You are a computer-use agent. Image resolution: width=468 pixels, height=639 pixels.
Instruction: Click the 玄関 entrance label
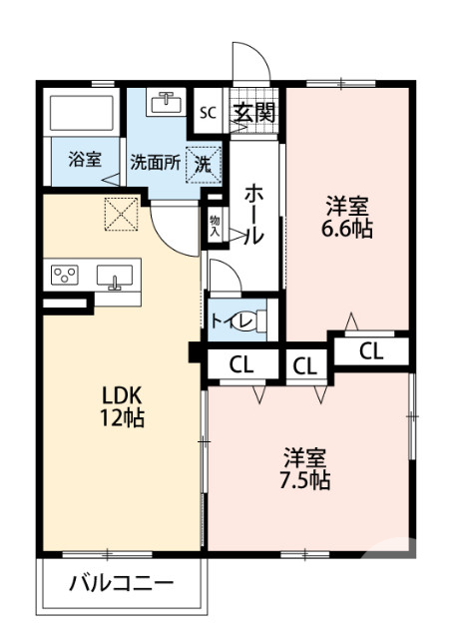tap(253, 112)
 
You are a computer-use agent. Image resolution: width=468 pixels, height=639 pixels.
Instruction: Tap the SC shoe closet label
tap(208, 112)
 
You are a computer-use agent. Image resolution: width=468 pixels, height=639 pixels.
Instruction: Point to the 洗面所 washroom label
tap(155, 164)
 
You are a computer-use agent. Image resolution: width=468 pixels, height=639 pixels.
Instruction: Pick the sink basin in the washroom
tap(165, 103)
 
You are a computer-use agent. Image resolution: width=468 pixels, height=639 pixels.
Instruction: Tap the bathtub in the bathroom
tap(85, 114)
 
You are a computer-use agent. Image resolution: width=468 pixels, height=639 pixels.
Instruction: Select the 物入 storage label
tap(215, 224)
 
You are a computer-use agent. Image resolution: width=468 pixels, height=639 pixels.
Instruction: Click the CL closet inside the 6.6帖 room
tap(370, 350)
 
